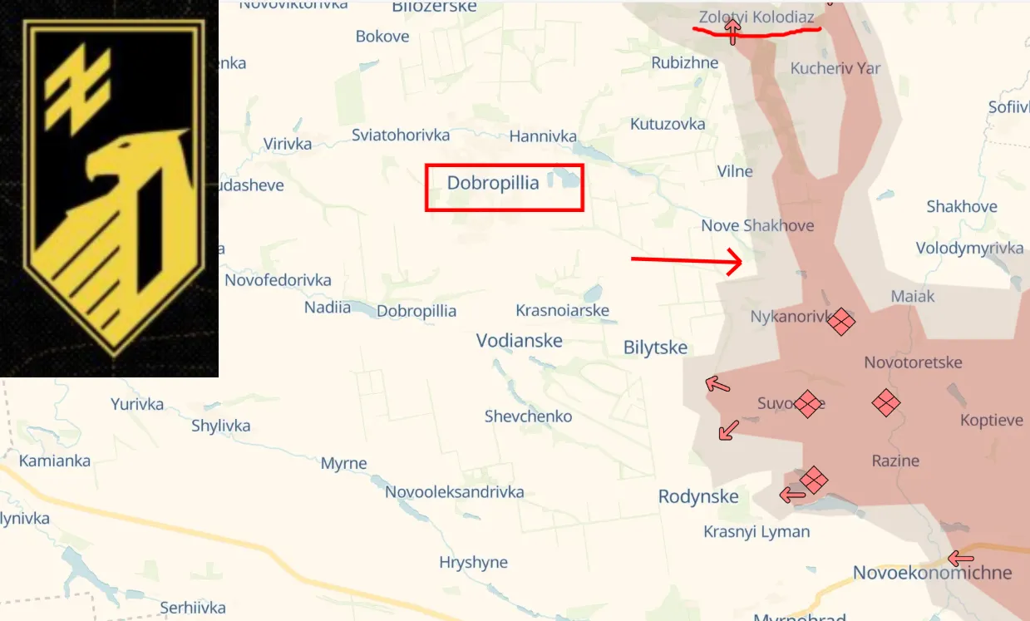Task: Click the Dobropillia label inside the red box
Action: point(493,183)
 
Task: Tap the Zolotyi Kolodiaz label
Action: point(756,17)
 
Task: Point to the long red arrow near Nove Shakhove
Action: point(686,261)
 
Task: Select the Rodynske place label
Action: point(698,496)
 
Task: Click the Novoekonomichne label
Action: point(932,572)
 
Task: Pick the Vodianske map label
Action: point(519,340)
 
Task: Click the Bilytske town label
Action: point(655,347)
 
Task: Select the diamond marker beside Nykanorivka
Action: point(841,321)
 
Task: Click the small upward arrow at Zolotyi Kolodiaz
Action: point(732,32)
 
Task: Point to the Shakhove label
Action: point(962,206)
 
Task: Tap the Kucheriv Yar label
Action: point(835,68)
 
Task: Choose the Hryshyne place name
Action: point(473,562)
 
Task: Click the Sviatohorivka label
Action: point(401,135)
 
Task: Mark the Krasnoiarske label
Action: point(562,310)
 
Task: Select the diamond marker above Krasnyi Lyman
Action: point(814,480)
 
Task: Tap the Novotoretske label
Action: point(913,362)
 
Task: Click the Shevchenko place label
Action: point(528,416)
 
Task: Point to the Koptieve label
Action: point(991,420)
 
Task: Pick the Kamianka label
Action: point(55,461)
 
